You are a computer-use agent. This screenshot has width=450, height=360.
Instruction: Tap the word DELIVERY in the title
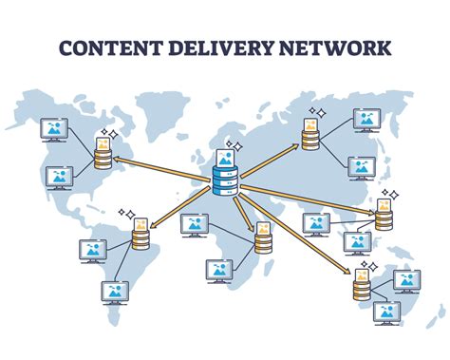[x=225, y=48]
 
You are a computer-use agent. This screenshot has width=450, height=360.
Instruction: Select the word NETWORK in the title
[x=340, y=48]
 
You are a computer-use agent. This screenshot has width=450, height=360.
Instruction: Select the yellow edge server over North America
[x=102, y=152]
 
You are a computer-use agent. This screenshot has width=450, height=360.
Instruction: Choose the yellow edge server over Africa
[x=263, y=241]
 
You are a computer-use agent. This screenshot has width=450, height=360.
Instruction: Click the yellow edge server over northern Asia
[x=309, y=134]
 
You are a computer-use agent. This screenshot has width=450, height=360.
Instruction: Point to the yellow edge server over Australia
[x=363, y=284]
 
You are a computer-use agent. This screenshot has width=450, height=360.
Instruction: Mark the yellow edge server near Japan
[x=384, y=217]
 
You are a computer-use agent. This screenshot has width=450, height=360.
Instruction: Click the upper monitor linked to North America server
[x=55, y=130]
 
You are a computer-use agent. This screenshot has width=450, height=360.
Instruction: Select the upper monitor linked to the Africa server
[x=195, y=224]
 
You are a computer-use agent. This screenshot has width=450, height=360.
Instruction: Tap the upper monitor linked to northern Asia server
[x=366, y=119]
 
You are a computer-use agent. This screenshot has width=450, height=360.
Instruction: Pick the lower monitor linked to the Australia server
[x=385, y=312]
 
